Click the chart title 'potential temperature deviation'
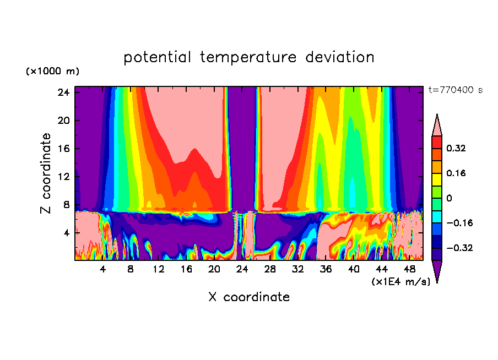pos(249,57)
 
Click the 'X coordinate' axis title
pos(249,297)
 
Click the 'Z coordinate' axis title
pos(46,173)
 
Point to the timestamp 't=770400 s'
pos(455,90)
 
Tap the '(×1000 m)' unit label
pos(52,72)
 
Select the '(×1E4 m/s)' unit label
pos(400,281)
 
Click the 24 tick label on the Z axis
pos(62,92)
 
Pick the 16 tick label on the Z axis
pos(62,149)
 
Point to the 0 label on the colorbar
pos(449,198)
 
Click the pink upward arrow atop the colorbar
pos(437,126)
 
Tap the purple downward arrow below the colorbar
pos(437,270)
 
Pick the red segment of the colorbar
pos(437,141)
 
